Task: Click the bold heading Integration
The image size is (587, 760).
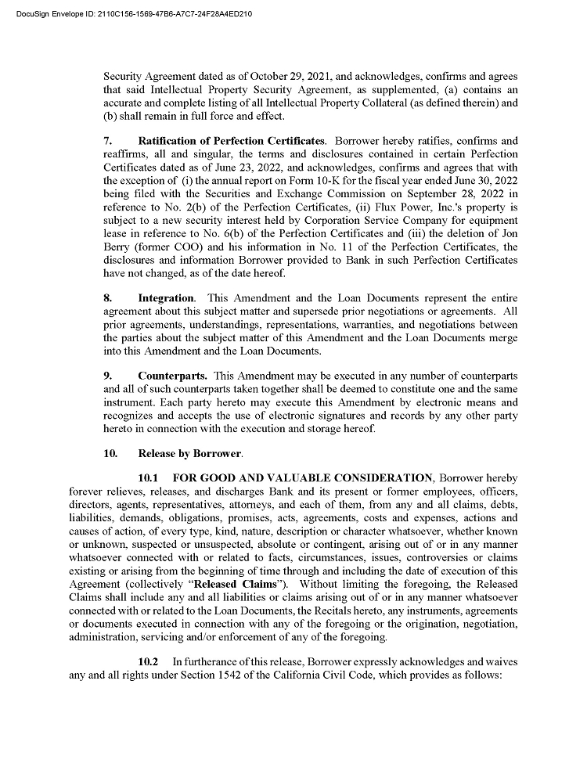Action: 166,298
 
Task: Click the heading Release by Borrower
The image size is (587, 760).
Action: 190,453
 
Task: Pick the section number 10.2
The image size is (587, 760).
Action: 149,662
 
